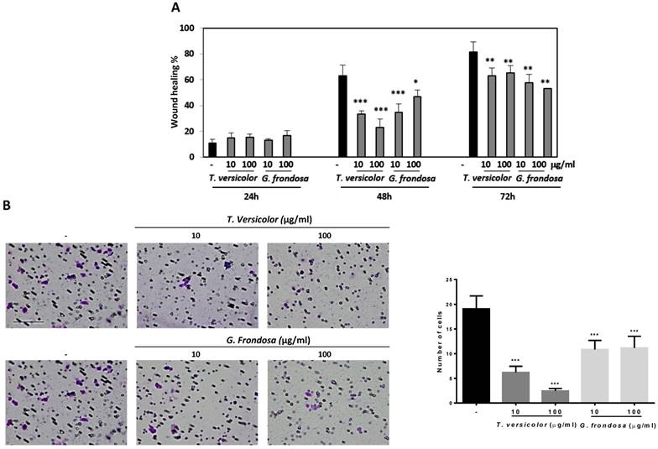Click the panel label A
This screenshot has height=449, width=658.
tap(175, 8)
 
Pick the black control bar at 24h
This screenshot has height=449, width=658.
tap(211, 149)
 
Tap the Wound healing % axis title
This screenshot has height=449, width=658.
tap(175, 92)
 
